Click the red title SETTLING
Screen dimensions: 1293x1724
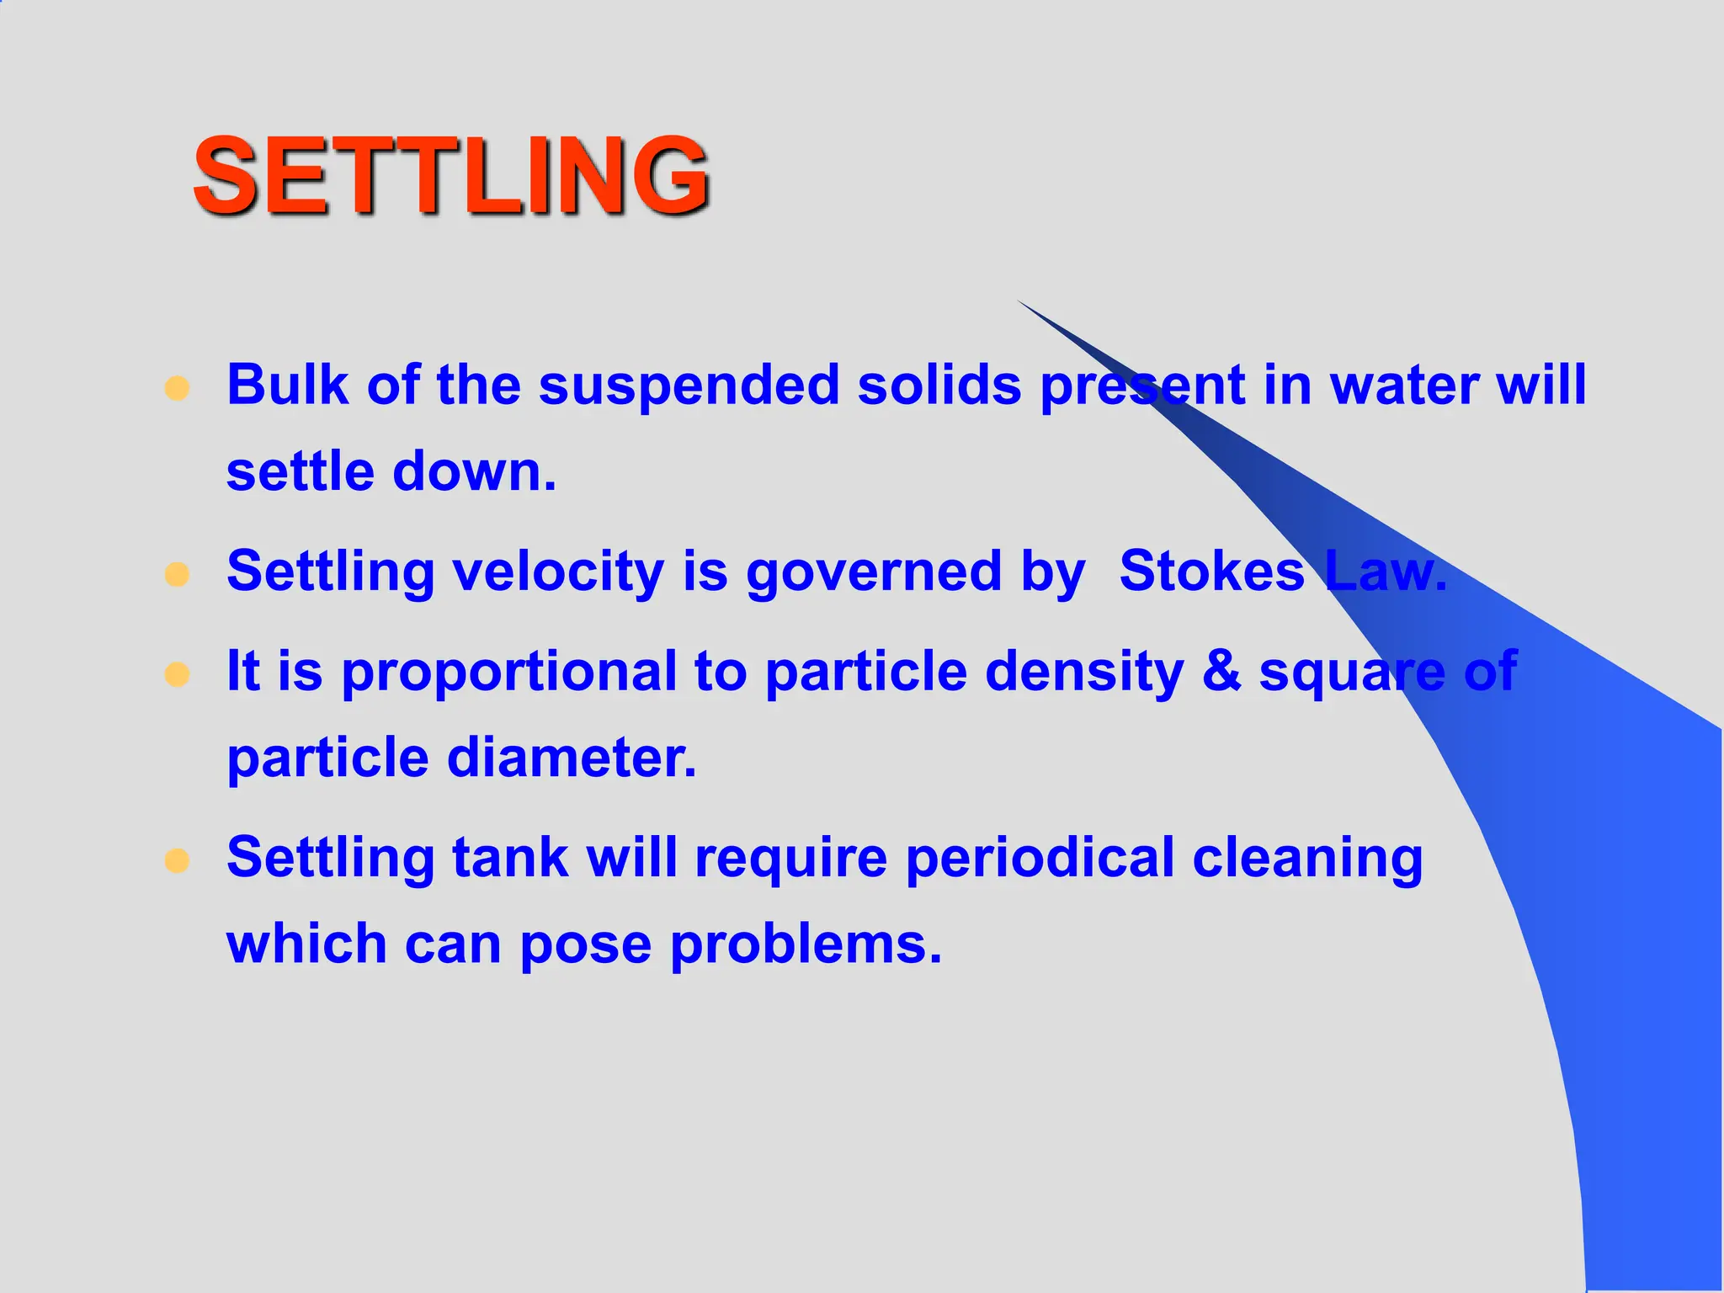pyautogui.click(x=450, y=175)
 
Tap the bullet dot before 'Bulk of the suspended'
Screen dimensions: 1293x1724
pyautogui.click(x=177, y=388)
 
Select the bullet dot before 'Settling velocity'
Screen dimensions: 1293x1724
pyautogui.click(x=177, y=575)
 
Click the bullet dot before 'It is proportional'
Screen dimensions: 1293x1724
pyautogui.click(x=177, y=674)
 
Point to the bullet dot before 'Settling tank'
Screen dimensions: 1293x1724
pyautogui.click(x=177, y=860)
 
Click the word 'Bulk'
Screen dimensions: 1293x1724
pyautogui.click(x=287, y=385)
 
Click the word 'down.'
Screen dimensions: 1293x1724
pyautogui.click(x=475, y=471)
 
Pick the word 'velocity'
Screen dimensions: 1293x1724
pyautogui.click(x=558, y=572)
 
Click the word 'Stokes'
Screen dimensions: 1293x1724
pyautogui.click(x=1211, y=571)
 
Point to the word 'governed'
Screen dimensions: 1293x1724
pyautogui.click(x=874, y=572)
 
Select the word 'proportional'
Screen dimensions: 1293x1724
pyautogui.click(x=508, y=673)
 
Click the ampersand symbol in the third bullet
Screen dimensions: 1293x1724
pyautogui.click(x=1221, y=672)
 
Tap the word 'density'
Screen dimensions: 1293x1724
pyautogui.click(x=1084, y=673)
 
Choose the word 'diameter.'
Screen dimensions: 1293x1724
pyautogui.click(x=572, y=758)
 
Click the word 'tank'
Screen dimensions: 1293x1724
pyautogui.click(x=510, y=858)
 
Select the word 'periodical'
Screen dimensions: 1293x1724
pyautogui.click(x=1040, y=859)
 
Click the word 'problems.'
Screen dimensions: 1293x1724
pyautogui.click(x=806, y=945)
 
